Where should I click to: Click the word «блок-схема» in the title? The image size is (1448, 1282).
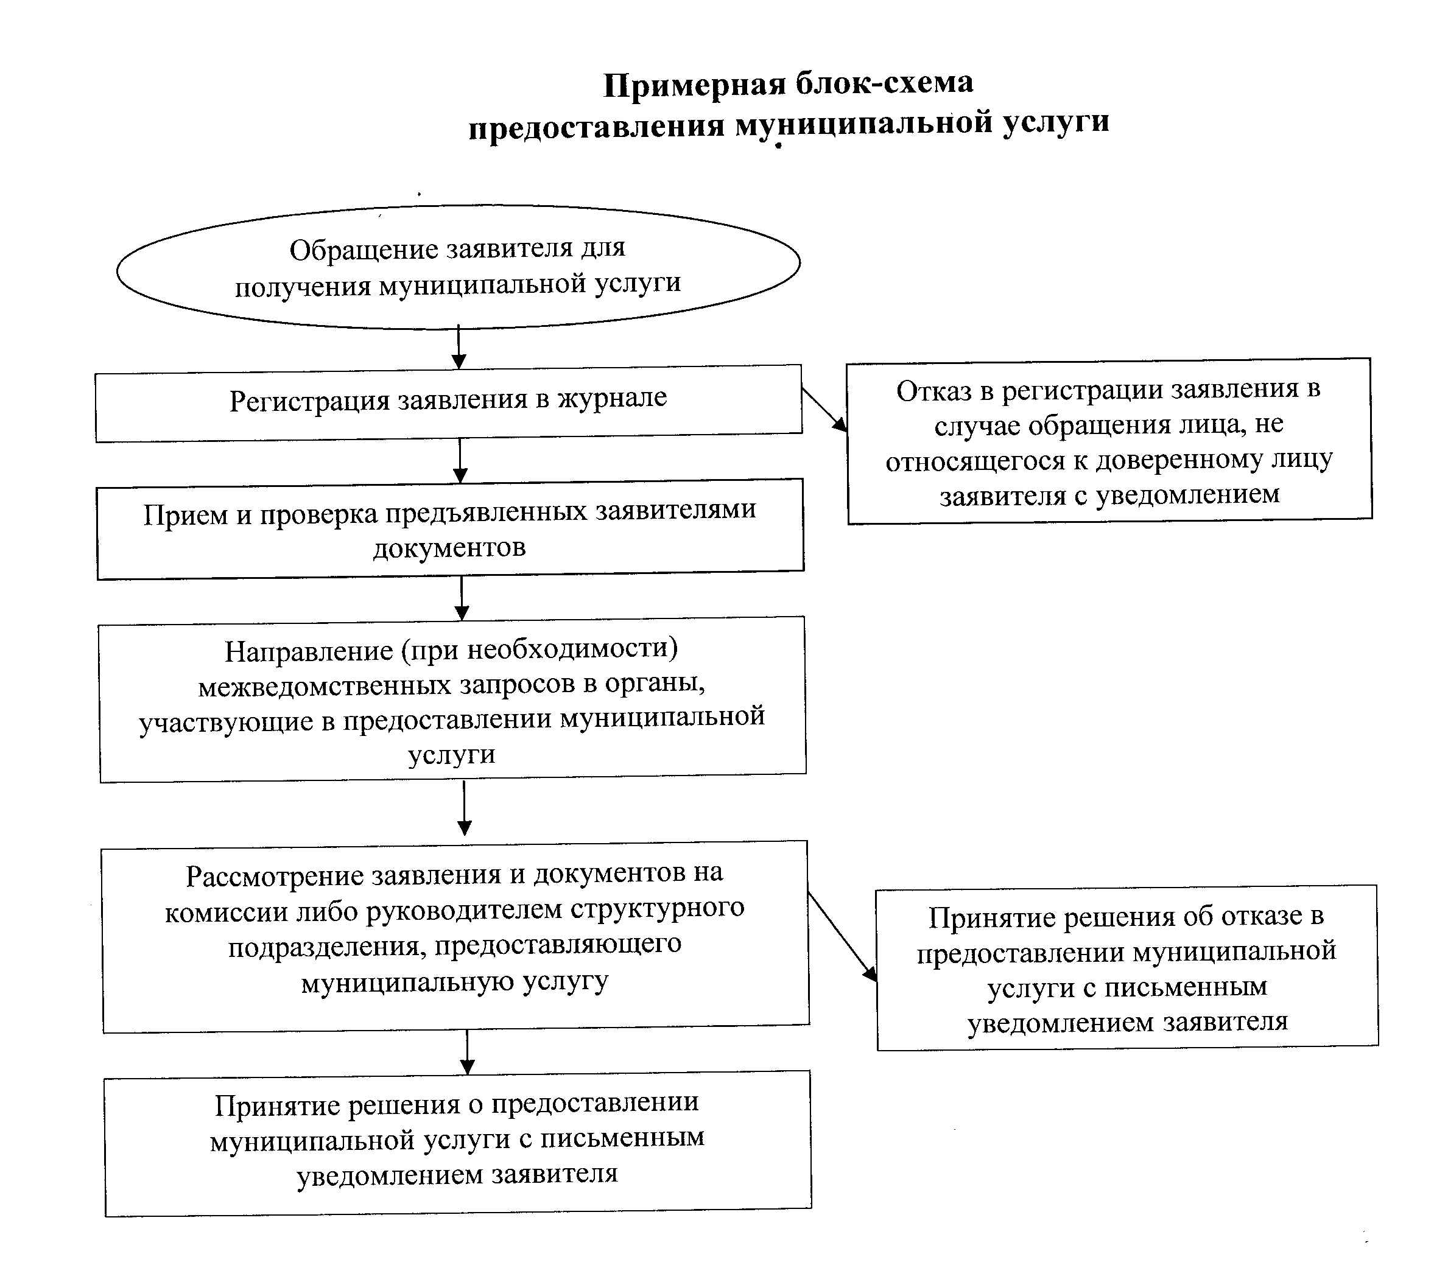884,83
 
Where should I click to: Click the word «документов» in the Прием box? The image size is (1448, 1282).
450,547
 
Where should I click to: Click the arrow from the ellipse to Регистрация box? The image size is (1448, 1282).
459,347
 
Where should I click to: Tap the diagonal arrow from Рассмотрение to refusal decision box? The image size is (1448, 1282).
843,936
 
